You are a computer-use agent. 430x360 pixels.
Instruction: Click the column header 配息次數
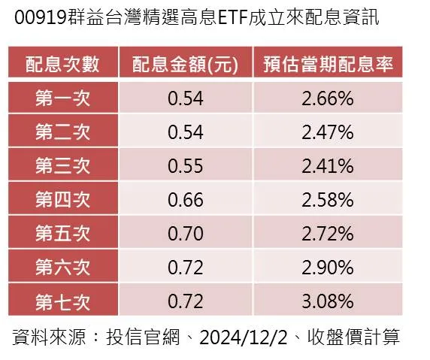pos(62,65)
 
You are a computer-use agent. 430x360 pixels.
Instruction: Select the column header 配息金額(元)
pos(185,65)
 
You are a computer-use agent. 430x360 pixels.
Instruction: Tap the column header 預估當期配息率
pos(329,65)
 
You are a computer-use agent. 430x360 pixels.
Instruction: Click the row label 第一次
pos(63,98)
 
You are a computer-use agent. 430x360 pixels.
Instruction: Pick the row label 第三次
pos(63,165)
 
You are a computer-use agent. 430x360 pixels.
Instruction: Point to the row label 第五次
pos(63,233)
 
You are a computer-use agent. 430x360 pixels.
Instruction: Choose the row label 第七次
pos(63,302)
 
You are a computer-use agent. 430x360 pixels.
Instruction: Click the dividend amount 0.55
pos(186,166)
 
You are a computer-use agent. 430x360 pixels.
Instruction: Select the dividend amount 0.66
pos(186,200)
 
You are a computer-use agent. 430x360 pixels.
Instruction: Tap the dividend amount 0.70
pos(186,234)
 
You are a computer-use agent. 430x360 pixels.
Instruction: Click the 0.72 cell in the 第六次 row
pos(186,268)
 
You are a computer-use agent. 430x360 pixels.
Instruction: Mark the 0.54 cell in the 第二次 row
pos(186,132)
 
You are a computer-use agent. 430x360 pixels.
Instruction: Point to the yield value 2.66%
pos(328,98)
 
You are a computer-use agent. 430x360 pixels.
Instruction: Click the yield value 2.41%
pos(328,166)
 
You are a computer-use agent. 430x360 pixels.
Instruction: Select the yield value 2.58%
pos(328,200)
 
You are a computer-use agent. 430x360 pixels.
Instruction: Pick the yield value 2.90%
pos(328,268)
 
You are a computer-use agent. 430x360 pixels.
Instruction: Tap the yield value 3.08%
pos(328,301)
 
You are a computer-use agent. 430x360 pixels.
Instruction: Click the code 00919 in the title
pos(41,17)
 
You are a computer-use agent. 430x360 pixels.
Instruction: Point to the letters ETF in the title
pos(233,17)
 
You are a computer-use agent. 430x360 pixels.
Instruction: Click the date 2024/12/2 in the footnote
pos(244,337)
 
